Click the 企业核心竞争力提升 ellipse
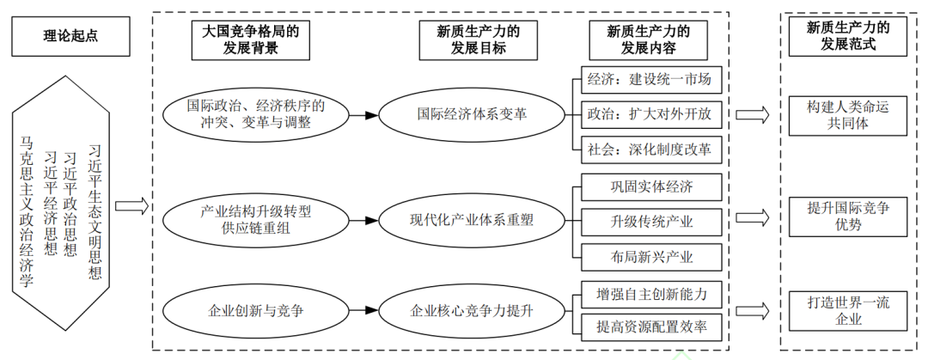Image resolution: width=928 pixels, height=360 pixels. (x=472, y=311)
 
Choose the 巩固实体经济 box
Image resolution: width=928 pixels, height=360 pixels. (x=650, y=186)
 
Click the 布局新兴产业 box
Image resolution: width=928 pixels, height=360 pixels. (x=650, y=256)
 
